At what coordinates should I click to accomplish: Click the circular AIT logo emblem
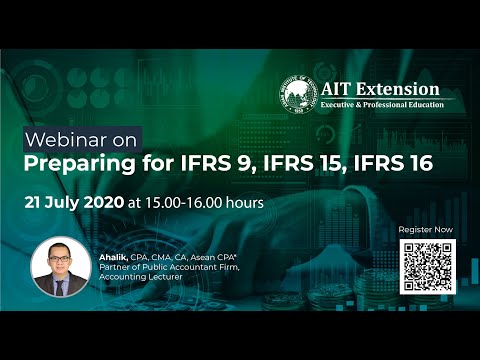pyautogui.click(x=299, y=96)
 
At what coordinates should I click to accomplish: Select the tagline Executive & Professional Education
pyautogui.click(x=384, y=104)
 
